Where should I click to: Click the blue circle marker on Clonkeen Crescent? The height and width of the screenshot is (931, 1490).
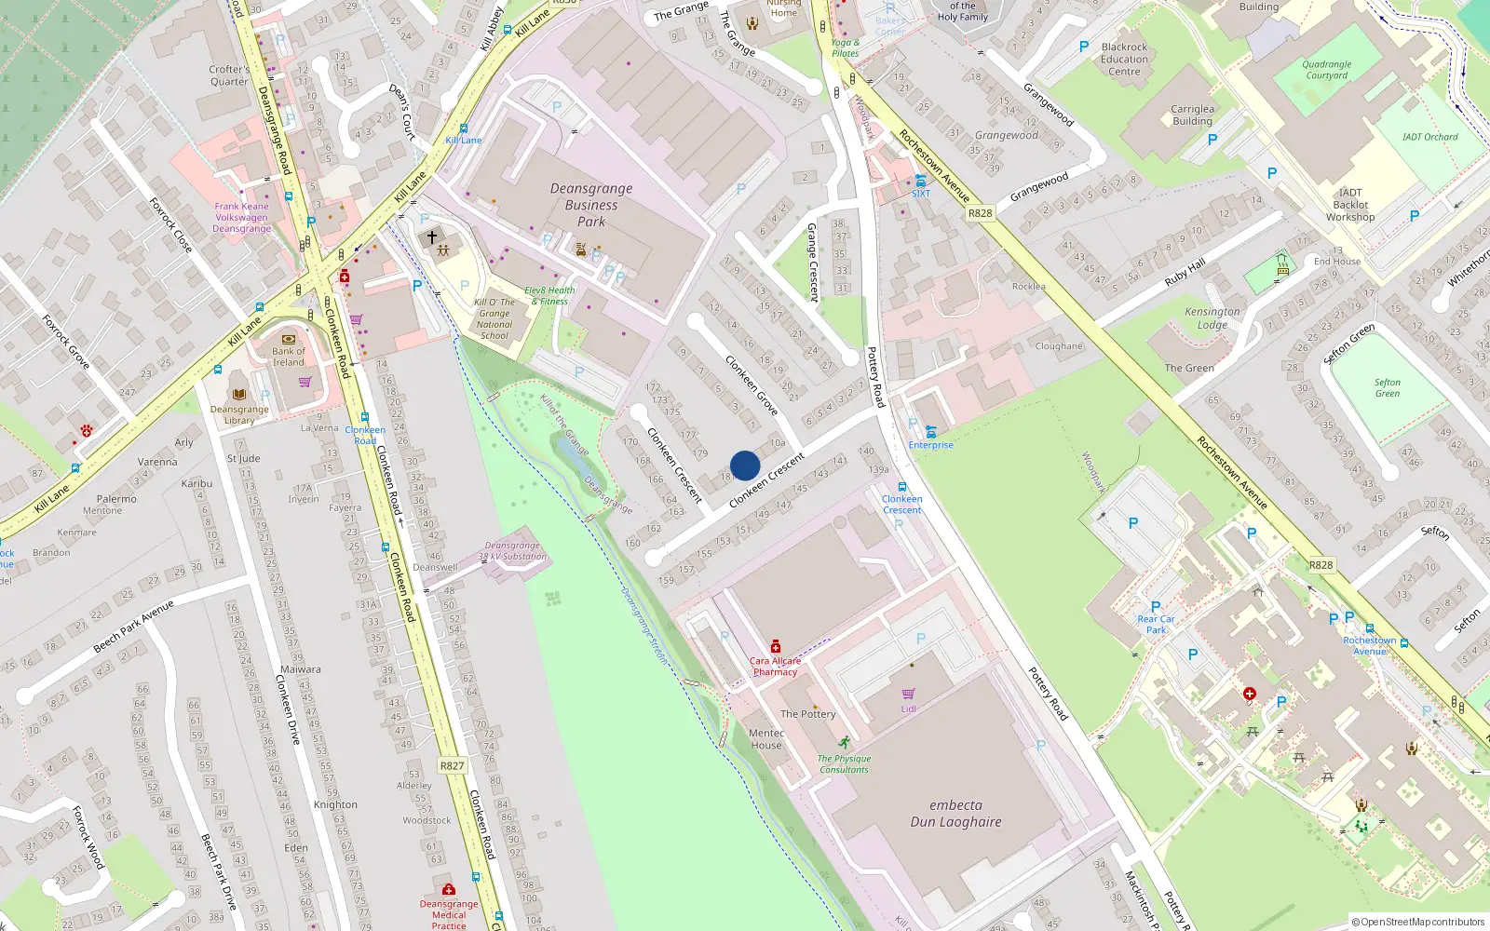click(x=745, y=465)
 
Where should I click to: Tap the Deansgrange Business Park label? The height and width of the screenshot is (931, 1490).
click(x=590, y=205)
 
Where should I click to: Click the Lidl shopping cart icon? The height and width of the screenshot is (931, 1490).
click(x=908, y=694)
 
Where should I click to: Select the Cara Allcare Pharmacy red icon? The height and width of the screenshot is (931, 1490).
click(x=775, y=646)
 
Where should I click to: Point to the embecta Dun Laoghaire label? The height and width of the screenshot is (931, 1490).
click(x=955, y=814)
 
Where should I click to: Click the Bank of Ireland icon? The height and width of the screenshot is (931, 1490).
click(x=288, y=339)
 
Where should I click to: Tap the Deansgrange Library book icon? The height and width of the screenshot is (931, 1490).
click(x=239, y=395)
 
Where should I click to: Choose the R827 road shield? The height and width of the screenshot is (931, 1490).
click(x=452, y=765)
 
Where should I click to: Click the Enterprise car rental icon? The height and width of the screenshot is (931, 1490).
click(x=930, y=430)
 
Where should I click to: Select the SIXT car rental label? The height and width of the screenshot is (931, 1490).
click(x=920, y=194)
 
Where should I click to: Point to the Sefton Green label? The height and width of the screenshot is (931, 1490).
click(x=1387, y=388)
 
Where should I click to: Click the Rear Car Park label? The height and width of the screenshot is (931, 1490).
click(x=1156, y=624)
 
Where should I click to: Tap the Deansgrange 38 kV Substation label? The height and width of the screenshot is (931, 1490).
click(x=512, y=551)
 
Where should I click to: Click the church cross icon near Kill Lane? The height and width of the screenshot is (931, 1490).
click(x=432, y=237)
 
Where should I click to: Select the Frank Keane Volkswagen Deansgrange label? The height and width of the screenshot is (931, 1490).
click(x=241, y=218)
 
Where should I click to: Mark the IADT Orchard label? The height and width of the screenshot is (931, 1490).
click(x=1429, y=137)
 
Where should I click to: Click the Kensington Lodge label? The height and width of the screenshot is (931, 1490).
click(x=1212, y=318)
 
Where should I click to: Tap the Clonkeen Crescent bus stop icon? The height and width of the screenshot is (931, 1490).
click(x=901, y=487)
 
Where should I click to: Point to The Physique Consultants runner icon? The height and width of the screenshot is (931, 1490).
click(x=844, y=743)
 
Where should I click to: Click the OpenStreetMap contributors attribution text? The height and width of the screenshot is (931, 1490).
click(x=1417, y=922)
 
